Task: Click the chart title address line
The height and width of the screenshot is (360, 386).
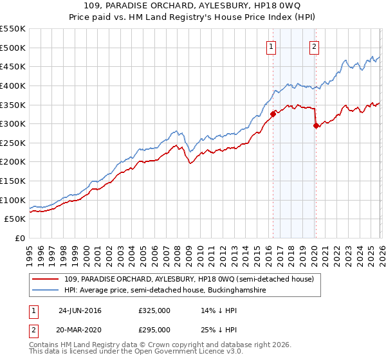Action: [x=193, y=6]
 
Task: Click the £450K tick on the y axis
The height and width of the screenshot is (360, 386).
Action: [x=13, y=66]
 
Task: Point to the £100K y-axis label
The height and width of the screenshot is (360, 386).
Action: [x=13, y=200]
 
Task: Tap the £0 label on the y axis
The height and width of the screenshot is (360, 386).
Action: [x=19, y=238]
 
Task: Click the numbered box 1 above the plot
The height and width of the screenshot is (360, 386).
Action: [x=272, y=47]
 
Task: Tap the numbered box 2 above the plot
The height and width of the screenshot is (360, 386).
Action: [x=315, y=47]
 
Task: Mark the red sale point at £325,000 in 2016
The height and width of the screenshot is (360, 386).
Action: [x=273, y=114]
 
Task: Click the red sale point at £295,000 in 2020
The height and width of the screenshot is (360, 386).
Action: [x=315, y=125]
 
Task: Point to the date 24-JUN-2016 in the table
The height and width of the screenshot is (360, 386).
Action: [x=80, y=310]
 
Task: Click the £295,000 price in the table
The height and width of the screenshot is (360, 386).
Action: [x=154, y=329]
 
